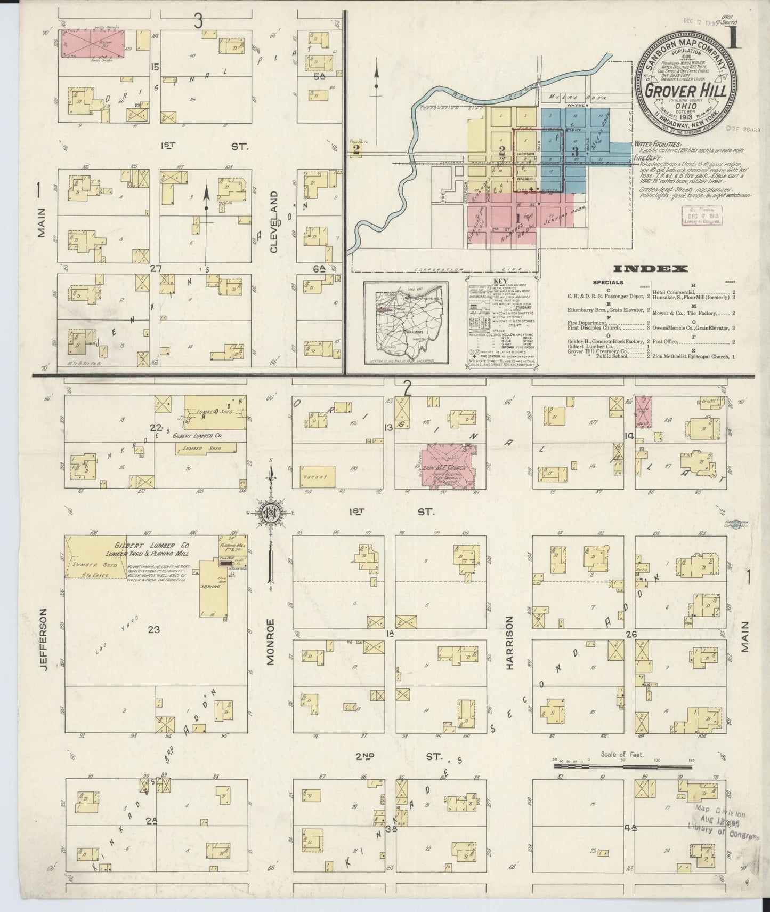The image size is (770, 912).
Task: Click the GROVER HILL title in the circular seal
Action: tap(686, 90)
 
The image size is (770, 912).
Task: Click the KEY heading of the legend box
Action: tap(501, 281)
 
